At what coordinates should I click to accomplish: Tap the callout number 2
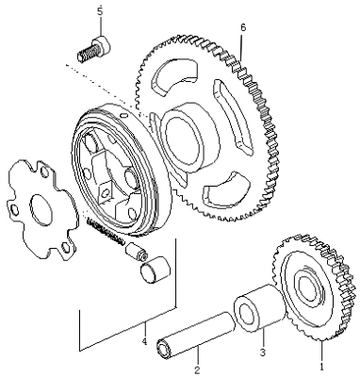(x=197, y=361)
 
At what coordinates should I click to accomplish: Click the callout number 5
(x=100, y=10)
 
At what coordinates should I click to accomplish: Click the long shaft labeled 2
(x=194, y=329)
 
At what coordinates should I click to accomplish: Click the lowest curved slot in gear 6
(x=227, y=192)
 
